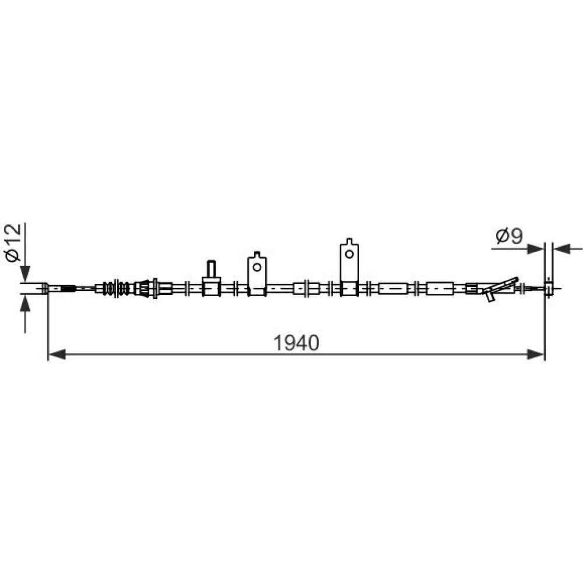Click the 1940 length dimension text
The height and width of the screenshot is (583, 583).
click(296, 343)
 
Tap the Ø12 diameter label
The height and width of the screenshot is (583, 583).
click(13, 243)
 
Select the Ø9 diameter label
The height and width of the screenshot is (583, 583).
click(510, 236)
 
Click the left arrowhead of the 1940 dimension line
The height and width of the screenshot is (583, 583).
click(57, 354)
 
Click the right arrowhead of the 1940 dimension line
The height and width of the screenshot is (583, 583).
click(536, 354)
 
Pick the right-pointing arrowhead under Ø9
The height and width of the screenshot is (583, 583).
click(536, 249)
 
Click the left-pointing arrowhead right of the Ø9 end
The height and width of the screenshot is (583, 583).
click(562, 249)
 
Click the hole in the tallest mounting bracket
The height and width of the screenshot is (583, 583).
click(349, 254)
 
